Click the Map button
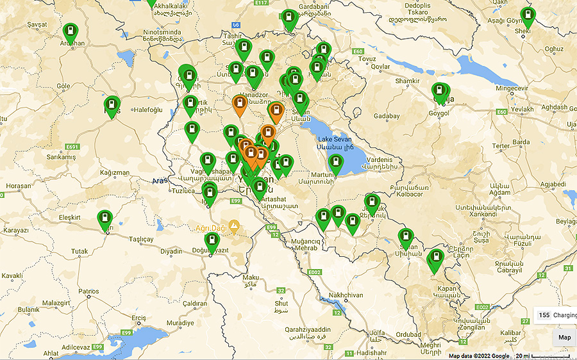564,338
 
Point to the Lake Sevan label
333,138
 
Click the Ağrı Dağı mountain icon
235,226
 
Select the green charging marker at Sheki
528,17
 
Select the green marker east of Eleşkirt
105,220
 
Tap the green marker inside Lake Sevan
336,164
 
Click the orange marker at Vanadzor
240,104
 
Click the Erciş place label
138,318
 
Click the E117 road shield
260,3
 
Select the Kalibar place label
511,333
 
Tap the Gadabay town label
386,116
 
